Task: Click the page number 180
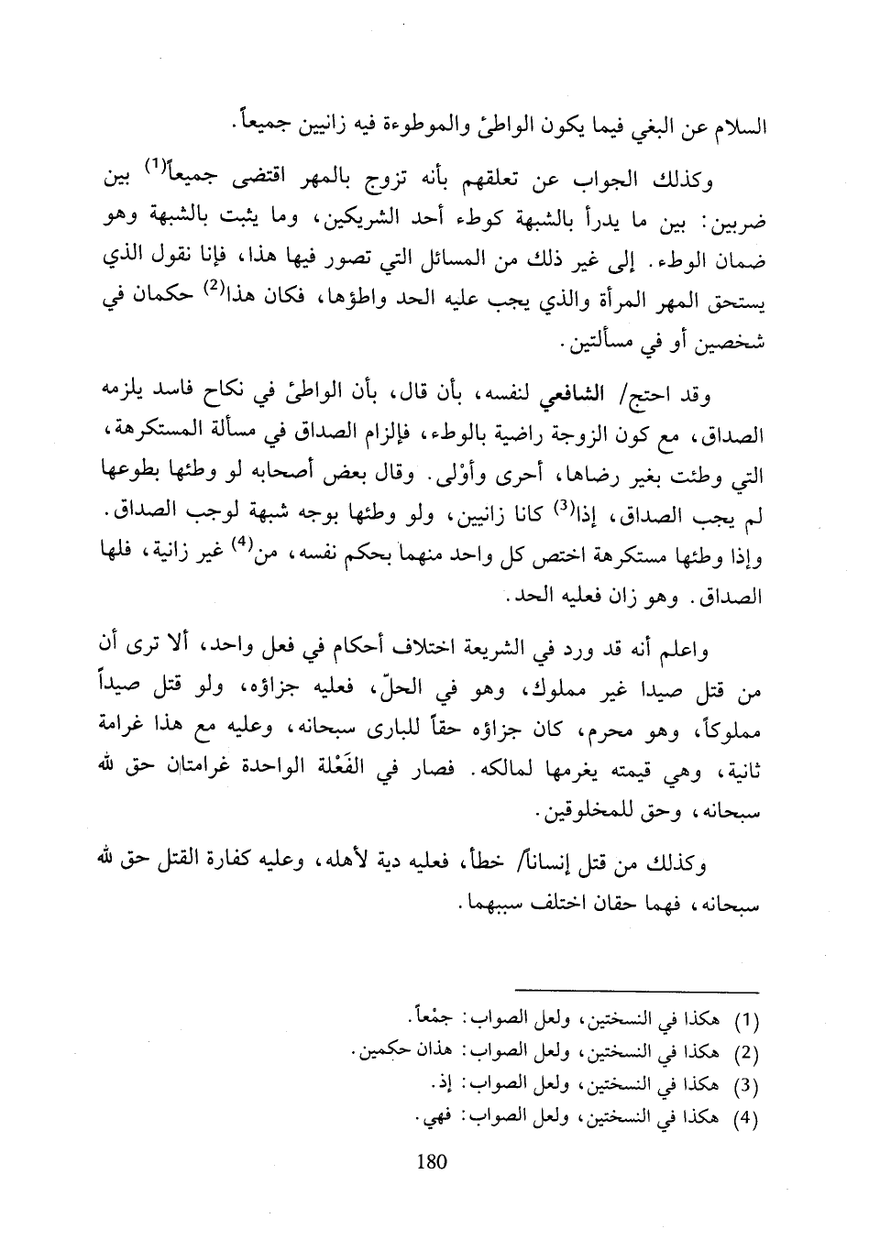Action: (431, 1162)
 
